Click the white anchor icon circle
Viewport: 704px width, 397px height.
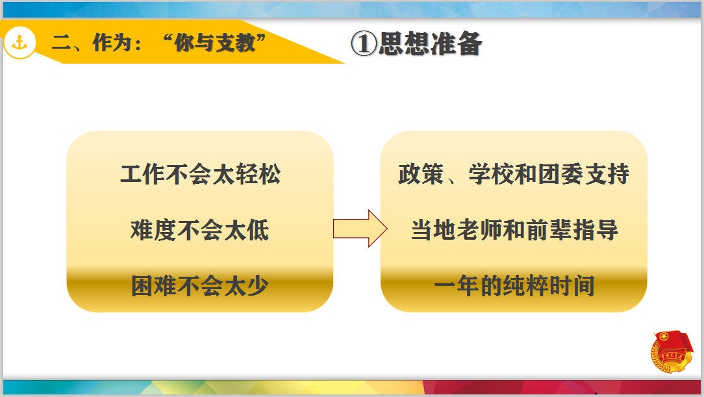pyautogui.click(x=19, y=43)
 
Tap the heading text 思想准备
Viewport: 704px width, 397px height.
pyautogui.click(x=430, y=44)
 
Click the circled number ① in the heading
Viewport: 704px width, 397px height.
pyautogui.click(x=363, y=44)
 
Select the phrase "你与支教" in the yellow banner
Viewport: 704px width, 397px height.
pyautogui.click(x=214, y=43)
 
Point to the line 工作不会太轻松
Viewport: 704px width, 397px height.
pyautogui.click(x=200, y=174)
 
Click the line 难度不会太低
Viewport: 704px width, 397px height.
pyautogui.click(x=200, y=231)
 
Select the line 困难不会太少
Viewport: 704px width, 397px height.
pyautogui.click(x=200, y=286)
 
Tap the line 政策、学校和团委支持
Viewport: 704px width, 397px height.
pyautogui.click(x=514, y=174)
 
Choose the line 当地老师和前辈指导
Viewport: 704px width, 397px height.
pyautogui.click(x=514, y=231)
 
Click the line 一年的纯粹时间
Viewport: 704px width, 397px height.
pyautogui.click(x=514, y=286)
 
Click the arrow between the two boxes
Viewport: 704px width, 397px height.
pyautogui.click(x=360, y=228)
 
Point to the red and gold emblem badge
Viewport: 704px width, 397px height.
pyautogui.click(x=672, y=352)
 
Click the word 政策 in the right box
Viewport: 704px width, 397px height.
pyautogui.click(x=421, y=174)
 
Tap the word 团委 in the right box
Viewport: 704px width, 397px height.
pyautogui.click(x=560, y=174)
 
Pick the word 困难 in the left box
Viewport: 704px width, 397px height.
pyautogui.click(x=153, y=286)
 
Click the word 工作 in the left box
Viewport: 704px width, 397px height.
pyautogui.click(x=143, y=174)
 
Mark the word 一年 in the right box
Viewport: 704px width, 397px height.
pyautogui.click(x=457, y=286)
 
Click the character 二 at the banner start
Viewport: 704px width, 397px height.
pyautogui.click(x=62, y=44)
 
